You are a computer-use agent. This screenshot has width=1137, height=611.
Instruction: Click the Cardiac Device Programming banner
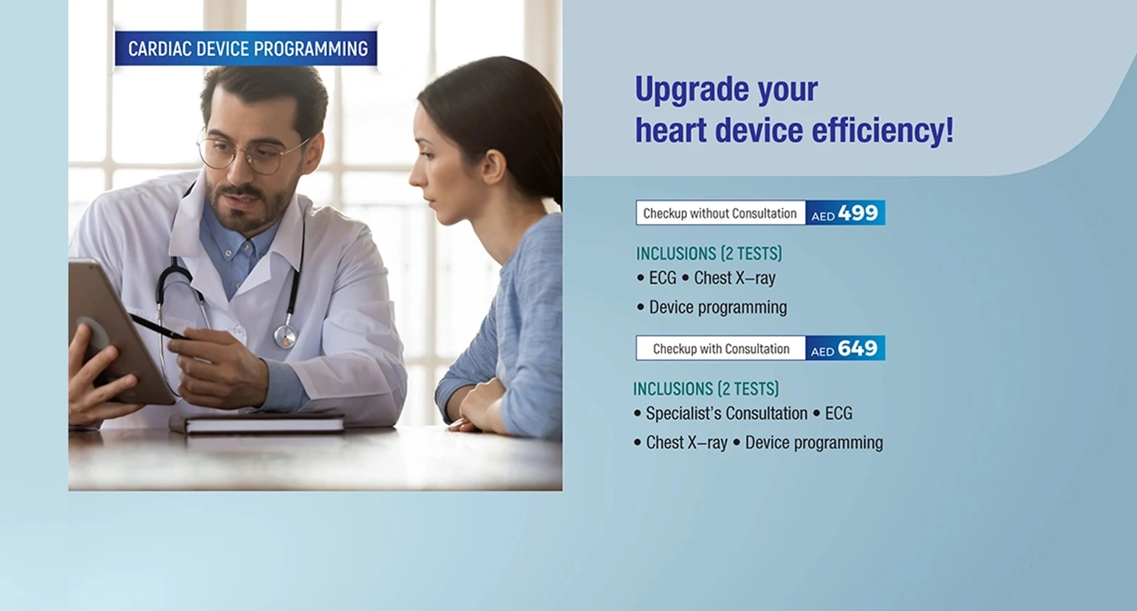[246, 49]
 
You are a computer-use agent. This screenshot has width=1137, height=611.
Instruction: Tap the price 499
[858, 212]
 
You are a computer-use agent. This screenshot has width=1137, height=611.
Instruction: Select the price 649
[857, 348]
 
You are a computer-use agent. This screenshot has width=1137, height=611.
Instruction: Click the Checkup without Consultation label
[720, 213]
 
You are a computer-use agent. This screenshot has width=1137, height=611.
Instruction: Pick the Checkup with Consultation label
[721, 349]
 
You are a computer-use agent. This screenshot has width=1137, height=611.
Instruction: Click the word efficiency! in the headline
[883, 131]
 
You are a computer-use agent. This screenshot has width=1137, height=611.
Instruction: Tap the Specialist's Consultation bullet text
[726, 413]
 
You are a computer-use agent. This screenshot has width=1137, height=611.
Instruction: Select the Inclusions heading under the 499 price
[709, 253]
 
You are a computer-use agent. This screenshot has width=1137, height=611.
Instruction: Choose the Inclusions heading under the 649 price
[706, 389]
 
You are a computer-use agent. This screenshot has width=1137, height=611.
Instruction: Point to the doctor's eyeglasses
[249, 153]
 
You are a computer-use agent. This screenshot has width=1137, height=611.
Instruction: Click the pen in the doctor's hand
[158, 326]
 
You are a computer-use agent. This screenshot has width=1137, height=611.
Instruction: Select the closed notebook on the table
[257, 423]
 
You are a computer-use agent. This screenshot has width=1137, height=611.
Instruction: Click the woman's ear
[492, 167]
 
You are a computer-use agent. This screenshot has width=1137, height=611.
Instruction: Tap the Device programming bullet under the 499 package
[718, 308]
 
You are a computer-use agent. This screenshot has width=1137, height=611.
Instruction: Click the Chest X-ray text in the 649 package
[686, 443]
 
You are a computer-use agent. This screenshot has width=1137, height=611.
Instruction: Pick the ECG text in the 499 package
[662, 278]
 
